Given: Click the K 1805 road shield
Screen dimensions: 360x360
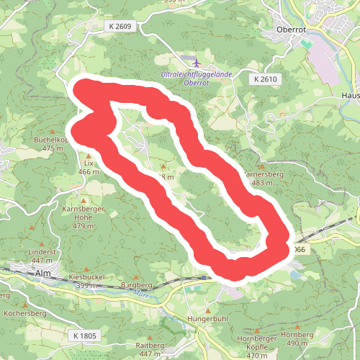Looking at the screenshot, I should pos(85,336).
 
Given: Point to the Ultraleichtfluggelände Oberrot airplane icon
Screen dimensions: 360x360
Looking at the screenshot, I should pos(189,58).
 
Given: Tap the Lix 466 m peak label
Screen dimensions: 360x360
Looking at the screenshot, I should pos(89,168).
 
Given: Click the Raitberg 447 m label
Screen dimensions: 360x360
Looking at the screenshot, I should pos(150,350).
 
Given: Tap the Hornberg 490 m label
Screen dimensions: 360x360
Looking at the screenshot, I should pos(297,339).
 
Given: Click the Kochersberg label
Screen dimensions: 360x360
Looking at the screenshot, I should pos(24,315).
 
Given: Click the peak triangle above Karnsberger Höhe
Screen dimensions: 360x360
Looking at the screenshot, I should pos(84,199).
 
